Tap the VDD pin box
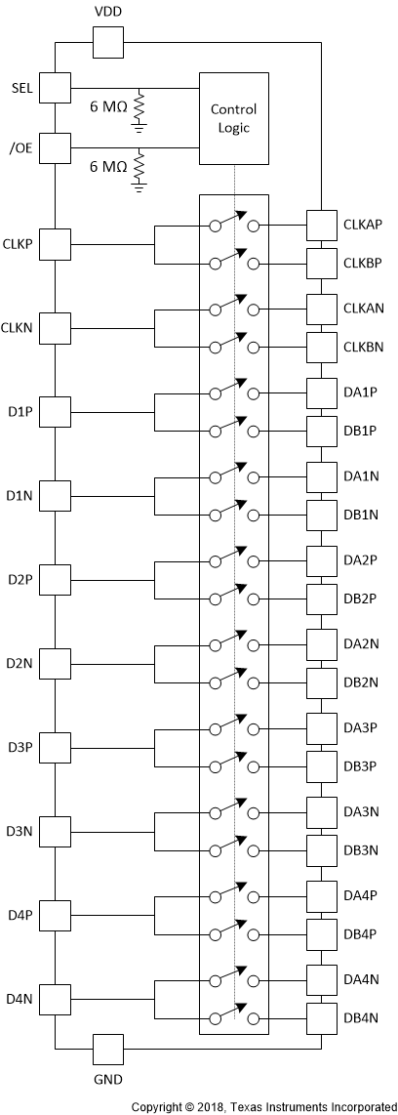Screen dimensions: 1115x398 point(107,42)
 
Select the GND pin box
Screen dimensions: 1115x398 point(107,1050)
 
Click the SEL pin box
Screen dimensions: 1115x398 point(56,87)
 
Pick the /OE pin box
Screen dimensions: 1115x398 point(56,148)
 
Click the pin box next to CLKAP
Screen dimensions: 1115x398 point(322,225)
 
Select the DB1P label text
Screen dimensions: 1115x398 point(360,431)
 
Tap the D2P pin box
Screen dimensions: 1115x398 point(56,580)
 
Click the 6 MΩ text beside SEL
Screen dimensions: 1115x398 point(106,104)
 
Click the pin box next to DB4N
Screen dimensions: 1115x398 point(322,1018)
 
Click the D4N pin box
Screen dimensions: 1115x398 point(56,999)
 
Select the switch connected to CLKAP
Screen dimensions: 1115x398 point(233,225)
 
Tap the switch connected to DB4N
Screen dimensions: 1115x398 point(233,1017)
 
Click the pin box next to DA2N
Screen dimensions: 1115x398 point(322,644)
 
